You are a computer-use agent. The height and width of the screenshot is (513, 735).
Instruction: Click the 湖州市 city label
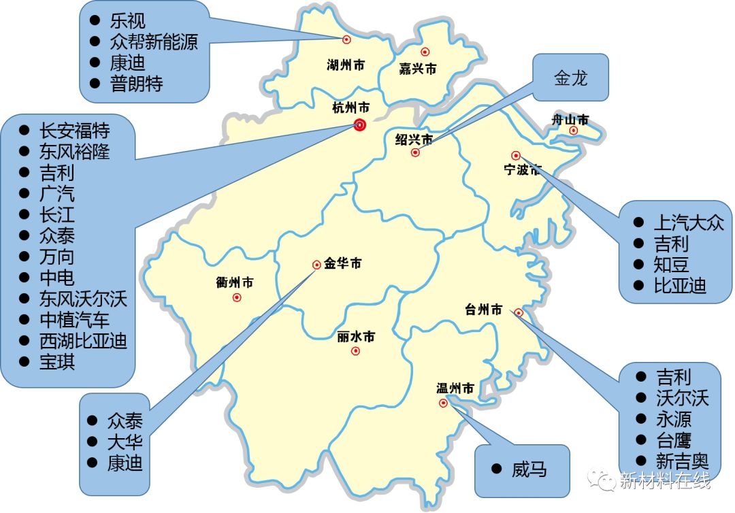[x=346, y=65]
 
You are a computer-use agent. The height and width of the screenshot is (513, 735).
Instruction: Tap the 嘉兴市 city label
[x=417, y=69]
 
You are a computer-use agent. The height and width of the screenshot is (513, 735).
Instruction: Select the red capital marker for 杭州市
[x=359, y=125]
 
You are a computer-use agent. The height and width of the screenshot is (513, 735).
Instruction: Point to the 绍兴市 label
[x=414, y=139]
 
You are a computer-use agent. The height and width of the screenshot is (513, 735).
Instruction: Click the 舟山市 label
[x=570, y=120]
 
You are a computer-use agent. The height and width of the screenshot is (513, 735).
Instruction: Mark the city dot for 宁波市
[x=516, y=156]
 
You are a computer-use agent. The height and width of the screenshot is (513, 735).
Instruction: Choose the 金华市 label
[x=342, y=263]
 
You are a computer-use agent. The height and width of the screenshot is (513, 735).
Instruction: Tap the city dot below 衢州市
[x=237, y=297]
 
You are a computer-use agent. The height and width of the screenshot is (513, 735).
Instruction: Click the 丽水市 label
[x=355, y=337]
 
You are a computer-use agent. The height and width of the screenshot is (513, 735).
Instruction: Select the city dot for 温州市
[x=444, y=403]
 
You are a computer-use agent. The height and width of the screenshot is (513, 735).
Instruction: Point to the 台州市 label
[x=483, y=310]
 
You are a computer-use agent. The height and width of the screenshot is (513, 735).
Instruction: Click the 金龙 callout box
[x=570, y=78]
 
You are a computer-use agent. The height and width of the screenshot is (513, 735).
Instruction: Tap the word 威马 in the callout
[x=529, y=469]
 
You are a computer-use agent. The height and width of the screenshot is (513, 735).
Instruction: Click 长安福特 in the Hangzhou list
[x=74, y=130]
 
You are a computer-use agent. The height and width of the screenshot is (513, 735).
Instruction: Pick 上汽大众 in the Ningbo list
[x=689, y=222]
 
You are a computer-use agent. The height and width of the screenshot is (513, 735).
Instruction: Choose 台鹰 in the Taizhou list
[x=673, y=439]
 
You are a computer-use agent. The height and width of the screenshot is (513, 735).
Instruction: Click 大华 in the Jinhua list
[x=125, y=442]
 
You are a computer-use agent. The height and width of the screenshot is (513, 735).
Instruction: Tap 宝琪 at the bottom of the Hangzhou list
[x=57, y=361]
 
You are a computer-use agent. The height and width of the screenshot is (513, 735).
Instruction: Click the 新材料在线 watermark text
[x=665, y=481]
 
